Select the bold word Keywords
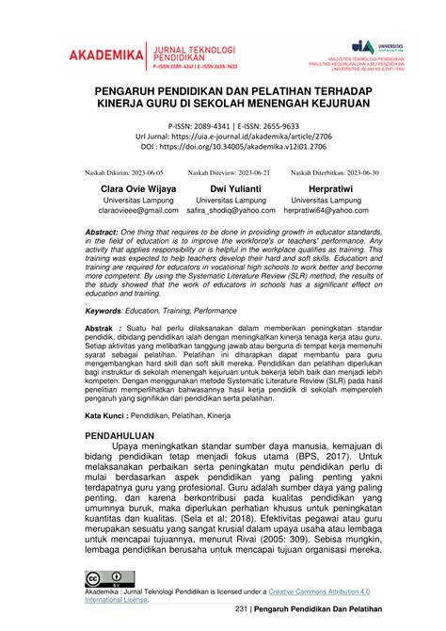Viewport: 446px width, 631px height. pyautogui.click(x=102, y=309)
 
